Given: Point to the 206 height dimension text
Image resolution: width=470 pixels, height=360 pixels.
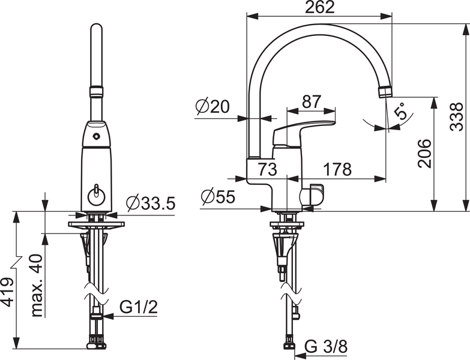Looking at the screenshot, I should coord(424,154).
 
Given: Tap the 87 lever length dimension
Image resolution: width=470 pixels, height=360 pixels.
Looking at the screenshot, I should coord(310,102).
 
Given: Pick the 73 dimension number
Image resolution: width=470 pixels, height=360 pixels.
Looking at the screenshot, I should coord(268,170).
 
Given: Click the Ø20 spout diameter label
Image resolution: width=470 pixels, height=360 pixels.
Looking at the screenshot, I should coord(212,107).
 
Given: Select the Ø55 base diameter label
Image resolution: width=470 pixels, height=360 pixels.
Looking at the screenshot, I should coord(217,197).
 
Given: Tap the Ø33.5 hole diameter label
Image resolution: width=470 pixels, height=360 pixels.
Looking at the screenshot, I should coord(151,203).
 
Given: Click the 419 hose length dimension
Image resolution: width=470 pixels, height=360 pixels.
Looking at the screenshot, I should coord(7,292).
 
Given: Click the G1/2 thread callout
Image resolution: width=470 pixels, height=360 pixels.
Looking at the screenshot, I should coord(139,307).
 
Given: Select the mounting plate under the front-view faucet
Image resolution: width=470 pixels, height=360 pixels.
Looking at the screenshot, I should coord(96,226).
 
